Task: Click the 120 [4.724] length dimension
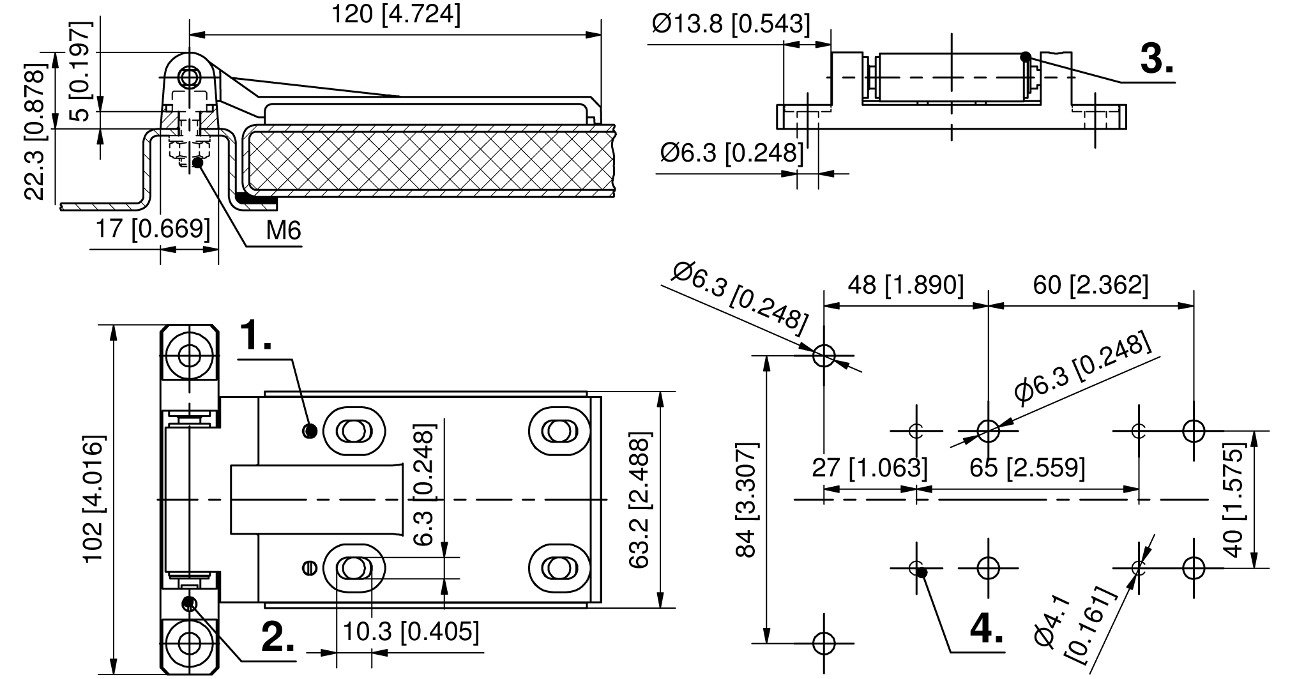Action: pyautogui.click(x=395, y=14)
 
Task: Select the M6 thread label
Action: pyautogui.click(x=283, y=231)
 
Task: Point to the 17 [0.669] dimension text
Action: pyautogui.click(x=152, y=228)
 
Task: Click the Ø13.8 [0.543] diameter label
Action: pyautogui.click(x=731, y=24)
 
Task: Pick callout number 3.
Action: pyautogui.click(x=1157, y=61)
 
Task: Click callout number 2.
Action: pyautogui.click(x=279, y=637)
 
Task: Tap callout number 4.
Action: pyautogui.click(x=986, y=629)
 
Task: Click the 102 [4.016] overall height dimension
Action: pyautogui.click(x=93, y=499)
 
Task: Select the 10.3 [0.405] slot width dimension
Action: pyautogui.click(x=411, y=632)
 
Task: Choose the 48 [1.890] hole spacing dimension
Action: pyautogui.click(x=905, y=285)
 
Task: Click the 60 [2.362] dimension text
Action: pyautogui.click(x=1090, y=285)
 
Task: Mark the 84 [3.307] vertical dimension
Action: pyautogui.click(x=746, y=499)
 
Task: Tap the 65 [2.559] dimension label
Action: pyautogui.click(x=1027, y=468)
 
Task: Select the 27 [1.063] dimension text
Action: pyautogui.click(x=869, y=468)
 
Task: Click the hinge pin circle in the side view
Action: pyautogui.click(x=189, y=77)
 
